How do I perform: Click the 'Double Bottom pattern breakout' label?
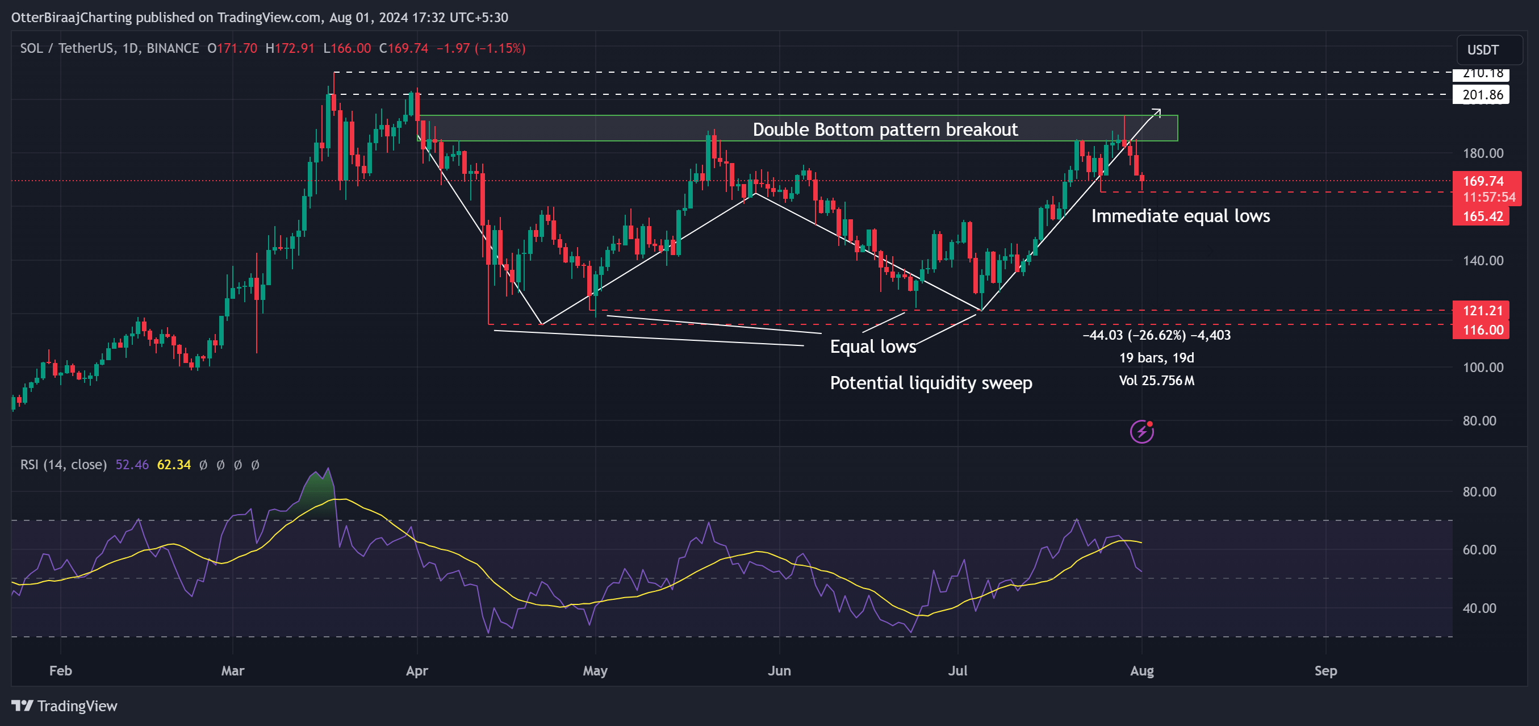pos(885,129)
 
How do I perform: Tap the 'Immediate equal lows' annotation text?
pos(1180,216)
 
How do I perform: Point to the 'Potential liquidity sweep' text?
pos(930,382)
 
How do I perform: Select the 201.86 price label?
pos(1482,94)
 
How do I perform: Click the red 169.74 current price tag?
pos(1483,181)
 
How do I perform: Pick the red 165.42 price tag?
pos(1482,216)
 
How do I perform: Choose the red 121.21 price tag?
pos(1482,311)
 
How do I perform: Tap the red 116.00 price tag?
pos(1482,330)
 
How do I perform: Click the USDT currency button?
pos(1483,49)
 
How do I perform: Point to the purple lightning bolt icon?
pos(1141,431)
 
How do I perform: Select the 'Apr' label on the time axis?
pos(416,670)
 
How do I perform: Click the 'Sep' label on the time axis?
pos(1325,670)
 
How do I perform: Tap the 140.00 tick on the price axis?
pos(1482,261)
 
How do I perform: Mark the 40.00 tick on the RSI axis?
pos(1479,608)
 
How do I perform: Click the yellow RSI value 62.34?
pos(173,465)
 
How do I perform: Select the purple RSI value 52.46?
pos(131,465)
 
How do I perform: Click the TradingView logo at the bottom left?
pos(65,706)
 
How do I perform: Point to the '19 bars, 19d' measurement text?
pos(1156,358)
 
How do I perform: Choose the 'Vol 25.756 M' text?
pos(1156,381)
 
